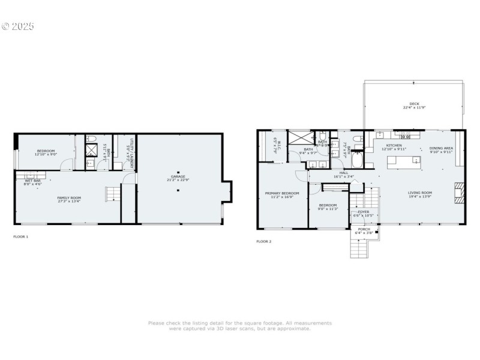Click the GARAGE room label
(178, 178)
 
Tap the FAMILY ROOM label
(69, 199)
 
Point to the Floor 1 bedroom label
(46, 152)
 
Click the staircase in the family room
(113, 194)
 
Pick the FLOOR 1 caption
(21, 236)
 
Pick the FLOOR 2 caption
(264, 241)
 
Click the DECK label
(414, 105)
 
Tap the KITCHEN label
(394, 146)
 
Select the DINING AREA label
(441, 149)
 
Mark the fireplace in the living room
(460, 193)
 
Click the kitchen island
(401, 161)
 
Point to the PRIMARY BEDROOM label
(281, 194)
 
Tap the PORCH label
(364, 230)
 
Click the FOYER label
(364, 213)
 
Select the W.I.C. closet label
(276, 146)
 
